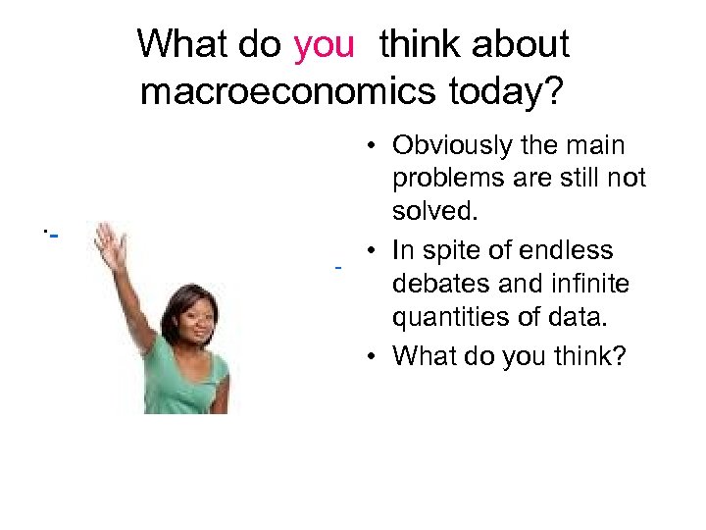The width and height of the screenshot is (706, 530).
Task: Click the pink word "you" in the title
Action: (x=323, y=44)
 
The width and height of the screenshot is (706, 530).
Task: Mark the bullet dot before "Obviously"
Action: (x=375, y=147)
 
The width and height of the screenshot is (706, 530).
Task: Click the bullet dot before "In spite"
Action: (x=375, y=251)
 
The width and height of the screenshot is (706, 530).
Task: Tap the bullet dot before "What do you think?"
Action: (x=375, y=356)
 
